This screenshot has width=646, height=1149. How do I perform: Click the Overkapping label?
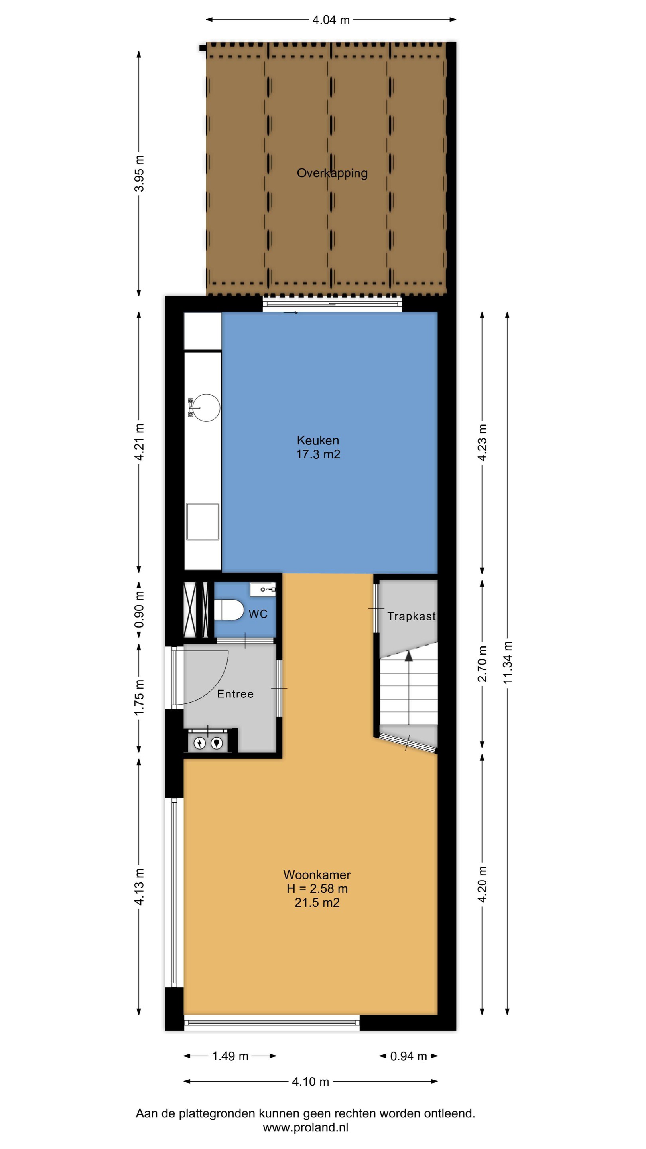[332, 173]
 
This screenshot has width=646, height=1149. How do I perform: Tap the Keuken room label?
[318, 440]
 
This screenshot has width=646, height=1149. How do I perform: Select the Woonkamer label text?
[317, 875]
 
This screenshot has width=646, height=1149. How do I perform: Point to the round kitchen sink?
[207, 407]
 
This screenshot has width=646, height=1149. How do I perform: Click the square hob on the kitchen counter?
[203, 521]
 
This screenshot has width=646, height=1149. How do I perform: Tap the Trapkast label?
[412, 616]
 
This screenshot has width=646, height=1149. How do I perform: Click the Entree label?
[235, 694]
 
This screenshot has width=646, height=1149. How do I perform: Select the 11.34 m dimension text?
[507, 662]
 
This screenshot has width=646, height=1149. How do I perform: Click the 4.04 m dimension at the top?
[331, 20]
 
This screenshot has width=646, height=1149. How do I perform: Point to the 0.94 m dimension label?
[408, 1056]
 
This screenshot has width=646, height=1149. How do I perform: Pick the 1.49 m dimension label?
[230, 1056]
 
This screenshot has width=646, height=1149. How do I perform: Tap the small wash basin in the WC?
[263, 589]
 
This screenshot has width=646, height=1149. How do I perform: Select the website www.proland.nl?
[305, 1127]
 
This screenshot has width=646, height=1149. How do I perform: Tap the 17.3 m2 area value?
[318, 454]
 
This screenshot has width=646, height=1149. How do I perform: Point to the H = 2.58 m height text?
[317, 888]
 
